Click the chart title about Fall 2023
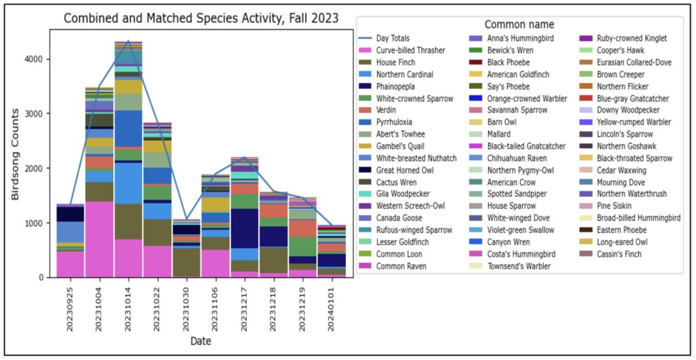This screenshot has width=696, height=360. tap(201, 18)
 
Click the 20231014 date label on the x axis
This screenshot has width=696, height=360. tap(128, 304)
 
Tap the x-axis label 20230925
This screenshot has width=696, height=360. tap(71, 304)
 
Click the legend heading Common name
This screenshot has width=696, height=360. tap(519, 25)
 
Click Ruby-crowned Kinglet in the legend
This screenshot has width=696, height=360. tap(631, 38)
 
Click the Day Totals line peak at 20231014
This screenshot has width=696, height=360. tap(128, 41)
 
